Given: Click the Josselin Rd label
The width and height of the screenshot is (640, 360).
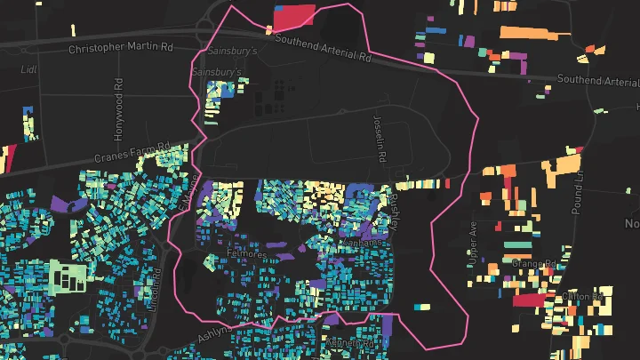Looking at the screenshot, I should (379, 142).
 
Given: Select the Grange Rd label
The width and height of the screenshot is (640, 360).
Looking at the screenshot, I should (533, 264).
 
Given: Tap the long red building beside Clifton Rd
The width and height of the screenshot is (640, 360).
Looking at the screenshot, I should (525, 300).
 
